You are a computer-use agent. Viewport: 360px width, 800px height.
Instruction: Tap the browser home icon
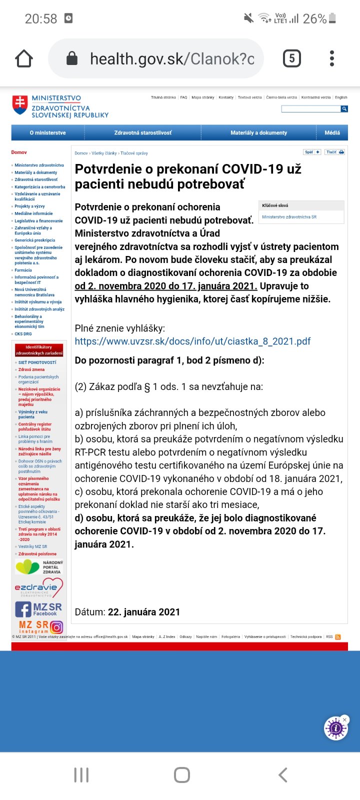point(24,58)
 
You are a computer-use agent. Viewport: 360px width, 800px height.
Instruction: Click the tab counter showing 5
point(292,58)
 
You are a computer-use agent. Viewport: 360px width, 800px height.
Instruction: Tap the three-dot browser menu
point(332,58)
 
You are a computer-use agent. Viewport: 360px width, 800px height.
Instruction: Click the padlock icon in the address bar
point(72,58)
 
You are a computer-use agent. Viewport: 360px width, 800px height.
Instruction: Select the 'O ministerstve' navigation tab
point(47,133)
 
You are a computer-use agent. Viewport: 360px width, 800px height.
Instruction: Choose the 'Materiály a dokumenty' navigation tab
point(258,133)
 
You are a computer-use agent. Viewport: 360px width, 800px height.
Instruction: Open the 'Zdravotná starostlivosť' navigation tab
point(142,133)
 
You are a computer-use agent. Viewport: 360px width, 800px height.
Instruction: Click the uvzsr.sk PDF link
point(192,341)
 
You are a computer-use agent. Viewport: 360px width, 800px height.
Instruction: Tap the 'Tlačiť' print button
point(334,152)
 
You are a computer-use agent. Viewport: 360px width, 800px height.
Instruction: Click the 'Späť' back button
point(312,152)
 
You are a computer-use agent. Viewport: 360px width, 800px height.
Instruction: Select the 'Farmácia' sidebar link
point(23,270)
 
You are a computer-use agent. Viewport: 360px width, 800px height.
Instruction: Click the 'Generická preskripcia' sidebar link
point(35,240)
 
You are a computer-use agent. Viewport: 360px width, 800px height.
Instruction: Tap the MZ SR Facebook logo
point(38,609)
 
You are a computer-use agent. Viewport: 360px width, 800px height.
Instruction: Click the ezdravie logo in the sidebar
point(38,587)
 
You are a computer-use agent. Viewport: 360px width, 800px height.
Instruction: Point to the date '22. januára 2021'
point(144,612)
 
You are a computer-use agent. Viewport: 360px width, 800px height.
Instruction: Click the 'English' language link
point(341,97)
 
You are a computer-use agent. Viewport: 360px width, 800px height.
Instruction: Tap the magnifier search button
point(344,109)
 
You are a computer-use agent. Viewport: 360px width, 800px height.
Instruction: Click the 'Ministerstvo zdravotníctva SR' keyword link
point(289,217)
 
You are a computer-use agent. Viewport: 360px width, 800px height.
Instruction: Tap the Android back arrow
point(283,775)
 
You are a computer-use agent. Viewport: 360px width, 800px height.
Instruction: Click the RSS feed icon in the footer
point(338,637)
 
